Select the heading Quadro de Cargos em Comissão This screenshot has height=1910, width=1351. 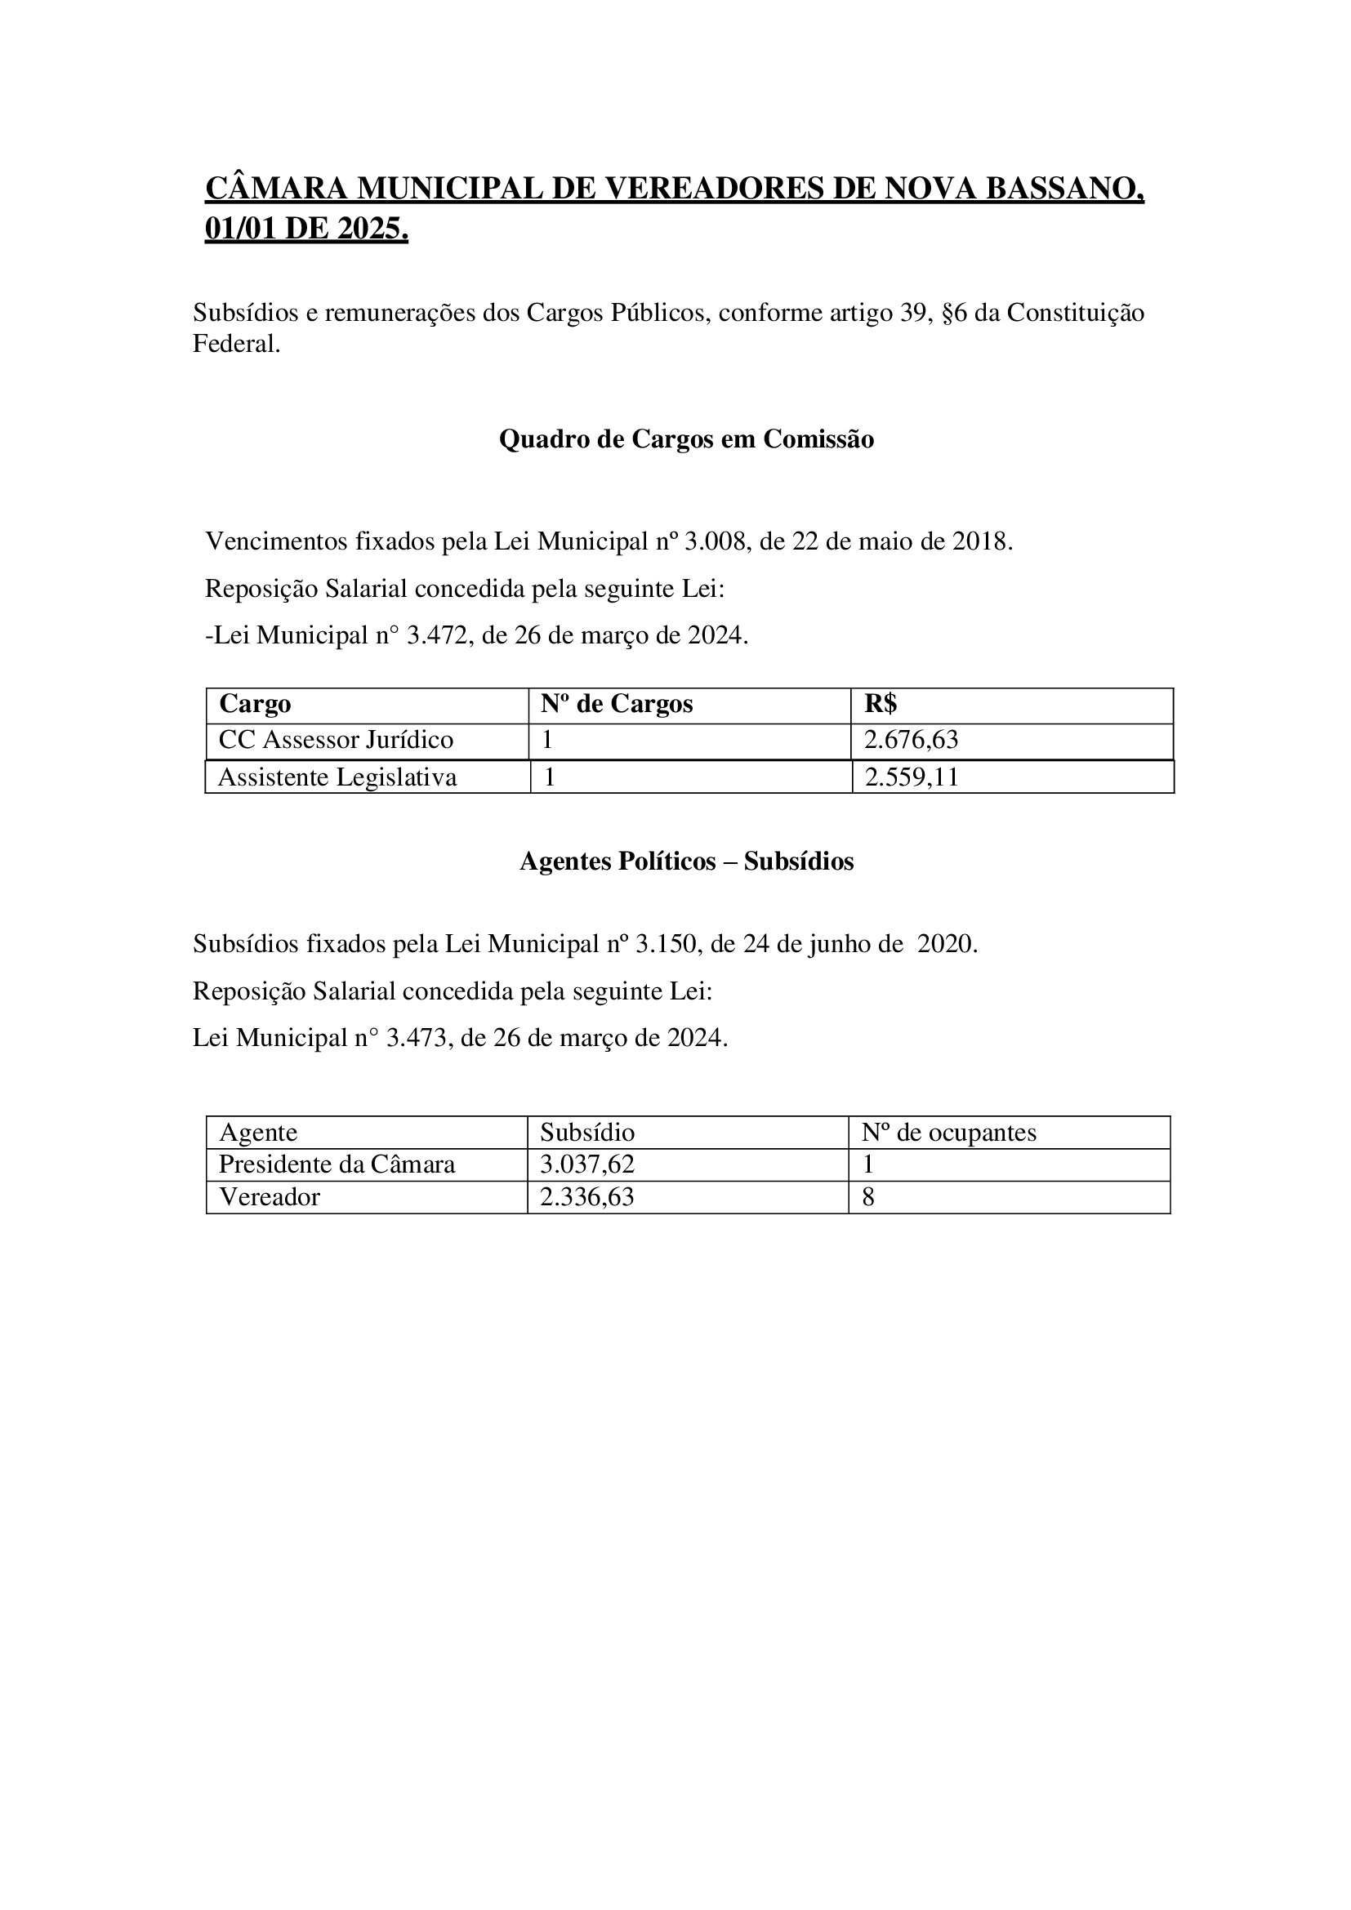[686, 439]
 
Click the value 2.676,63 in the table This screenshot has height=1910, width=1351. [911, 740]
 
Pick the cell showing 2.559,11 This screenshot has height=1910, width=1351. [912, 777]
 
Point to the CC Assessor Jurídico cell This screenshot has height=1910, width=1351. [336, 740]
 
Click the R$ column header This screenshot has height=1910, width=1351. [881, 704]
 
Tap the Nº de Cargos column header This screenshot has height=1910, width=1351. [617, 704]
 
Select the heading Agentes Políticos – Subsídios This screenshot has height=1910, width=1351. [686, 861]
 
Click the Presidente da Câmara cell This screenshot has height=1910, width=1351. [337, 1164]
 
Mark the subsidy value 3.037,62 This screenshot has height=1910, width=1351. [586, 1164]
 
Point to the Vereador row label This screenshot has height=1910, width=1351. [270, 1197]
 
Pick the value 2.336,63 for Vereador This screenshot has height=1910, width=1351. [586, 1197]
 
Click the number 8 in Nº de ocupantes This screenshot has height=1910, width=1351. [867, 1197]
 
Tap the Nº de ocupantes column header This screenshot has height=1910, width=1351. [949, 1132]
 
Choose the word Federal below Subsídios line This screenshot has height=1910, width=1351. [236, 344]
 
